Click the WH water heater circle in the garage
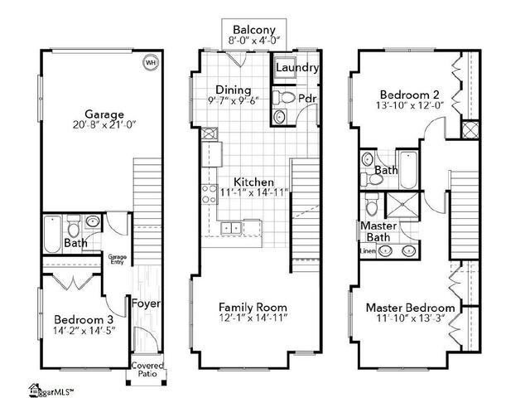click(151, 63)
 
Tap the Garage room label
click(104, 114)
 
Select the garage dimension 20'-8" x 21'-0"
click(104, 125)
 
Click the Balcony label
click(254, 30)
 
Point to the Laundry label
click(297, 67)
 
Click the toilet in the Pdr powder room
click(284, 98)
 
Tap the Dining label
click(234, 90)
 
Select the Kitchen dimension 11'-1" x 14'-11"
click(254, 192)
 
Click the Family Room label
click(253, 308)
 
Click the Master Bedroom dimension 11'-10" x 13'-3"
click(411, 318)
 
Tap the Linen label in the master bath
click(368, 251)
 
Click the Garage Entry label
click(118, 260)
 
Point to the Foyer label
click(146, 303)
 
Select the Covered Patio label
click(147, 370)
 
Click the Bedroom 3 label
click(84, 319)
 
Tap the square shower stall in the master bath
click(402, 205)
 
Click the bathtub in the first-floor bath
click(52, 234)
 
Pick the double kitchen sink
click(232, 228)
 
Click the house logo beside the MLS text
click(35, 390)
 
